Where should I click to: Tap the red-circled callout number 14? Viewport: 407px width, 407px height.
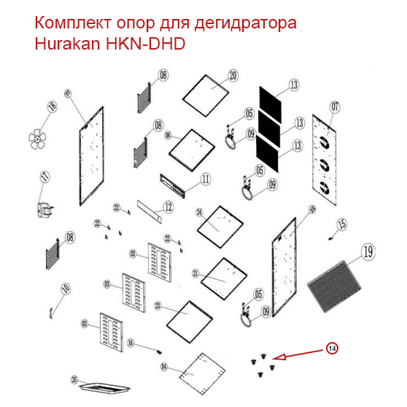332,349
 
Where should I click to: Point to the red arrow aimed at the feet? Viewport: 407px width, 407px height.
299,354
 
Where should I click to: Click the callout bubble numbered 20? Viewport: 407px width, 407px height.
233,76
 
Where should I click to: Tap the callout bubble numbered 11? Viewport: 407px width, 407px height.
205,179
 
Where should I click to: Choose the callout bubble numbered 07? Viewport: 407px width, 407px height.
335,107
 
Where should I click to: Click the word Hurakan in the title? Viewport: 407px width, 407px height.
66,44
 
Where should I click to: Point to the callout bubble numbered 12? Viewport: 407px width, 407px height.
168,207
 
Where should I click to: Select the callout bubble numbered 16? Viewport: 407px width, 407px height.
131,343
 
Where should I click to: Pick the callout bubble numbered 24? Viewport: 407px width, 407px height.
198,212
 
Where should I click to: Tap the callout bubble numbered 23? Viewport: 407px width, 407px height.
159,307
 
